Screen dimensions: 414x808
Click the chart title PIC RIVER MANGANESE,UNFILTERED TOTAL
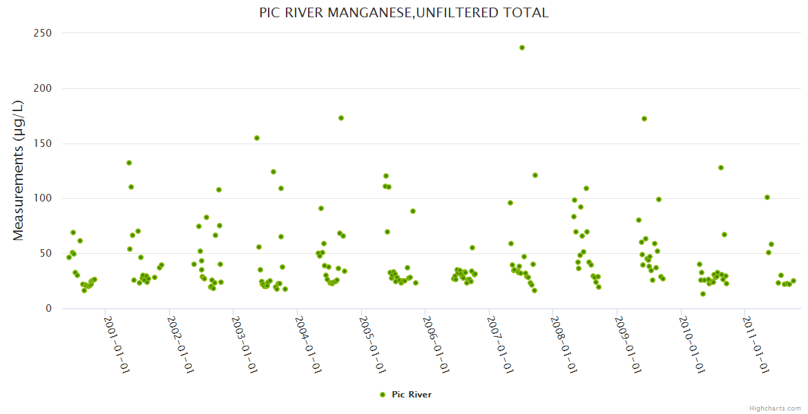point(404,12)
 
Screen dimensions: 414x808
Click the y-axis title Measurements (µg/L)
point(19,170)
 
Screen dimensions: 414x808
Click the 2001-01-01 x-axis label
point(117,344)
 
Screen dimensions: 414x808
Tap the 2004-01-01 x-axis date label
point(309,344)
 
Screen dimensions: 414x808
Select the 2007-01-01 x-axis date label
point(501,344)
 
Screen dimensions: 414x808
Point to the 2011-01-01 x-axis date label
point(757,344)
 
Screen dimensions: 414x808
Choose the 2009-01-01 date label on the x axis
point(628,344)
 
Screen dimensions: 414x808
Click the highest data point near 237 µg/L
point(522,48)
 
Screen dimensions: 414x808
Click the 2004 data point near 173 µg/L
point(341,118)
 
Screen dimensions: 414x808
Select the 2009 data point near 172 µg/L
point(644,119)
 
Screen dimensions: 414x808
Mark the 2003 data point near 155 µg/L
point(257,138)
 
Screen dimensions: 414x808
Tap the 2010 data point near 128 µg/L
point(721,168)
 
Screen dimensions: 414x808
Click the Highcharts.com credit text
point(776,408)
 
